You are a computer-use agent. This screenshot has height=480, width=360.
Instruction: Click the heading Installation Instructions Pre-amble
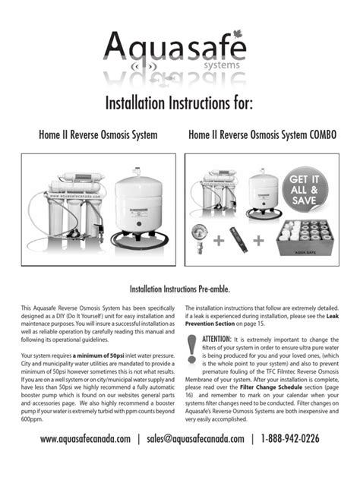[x=180, y=289]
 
